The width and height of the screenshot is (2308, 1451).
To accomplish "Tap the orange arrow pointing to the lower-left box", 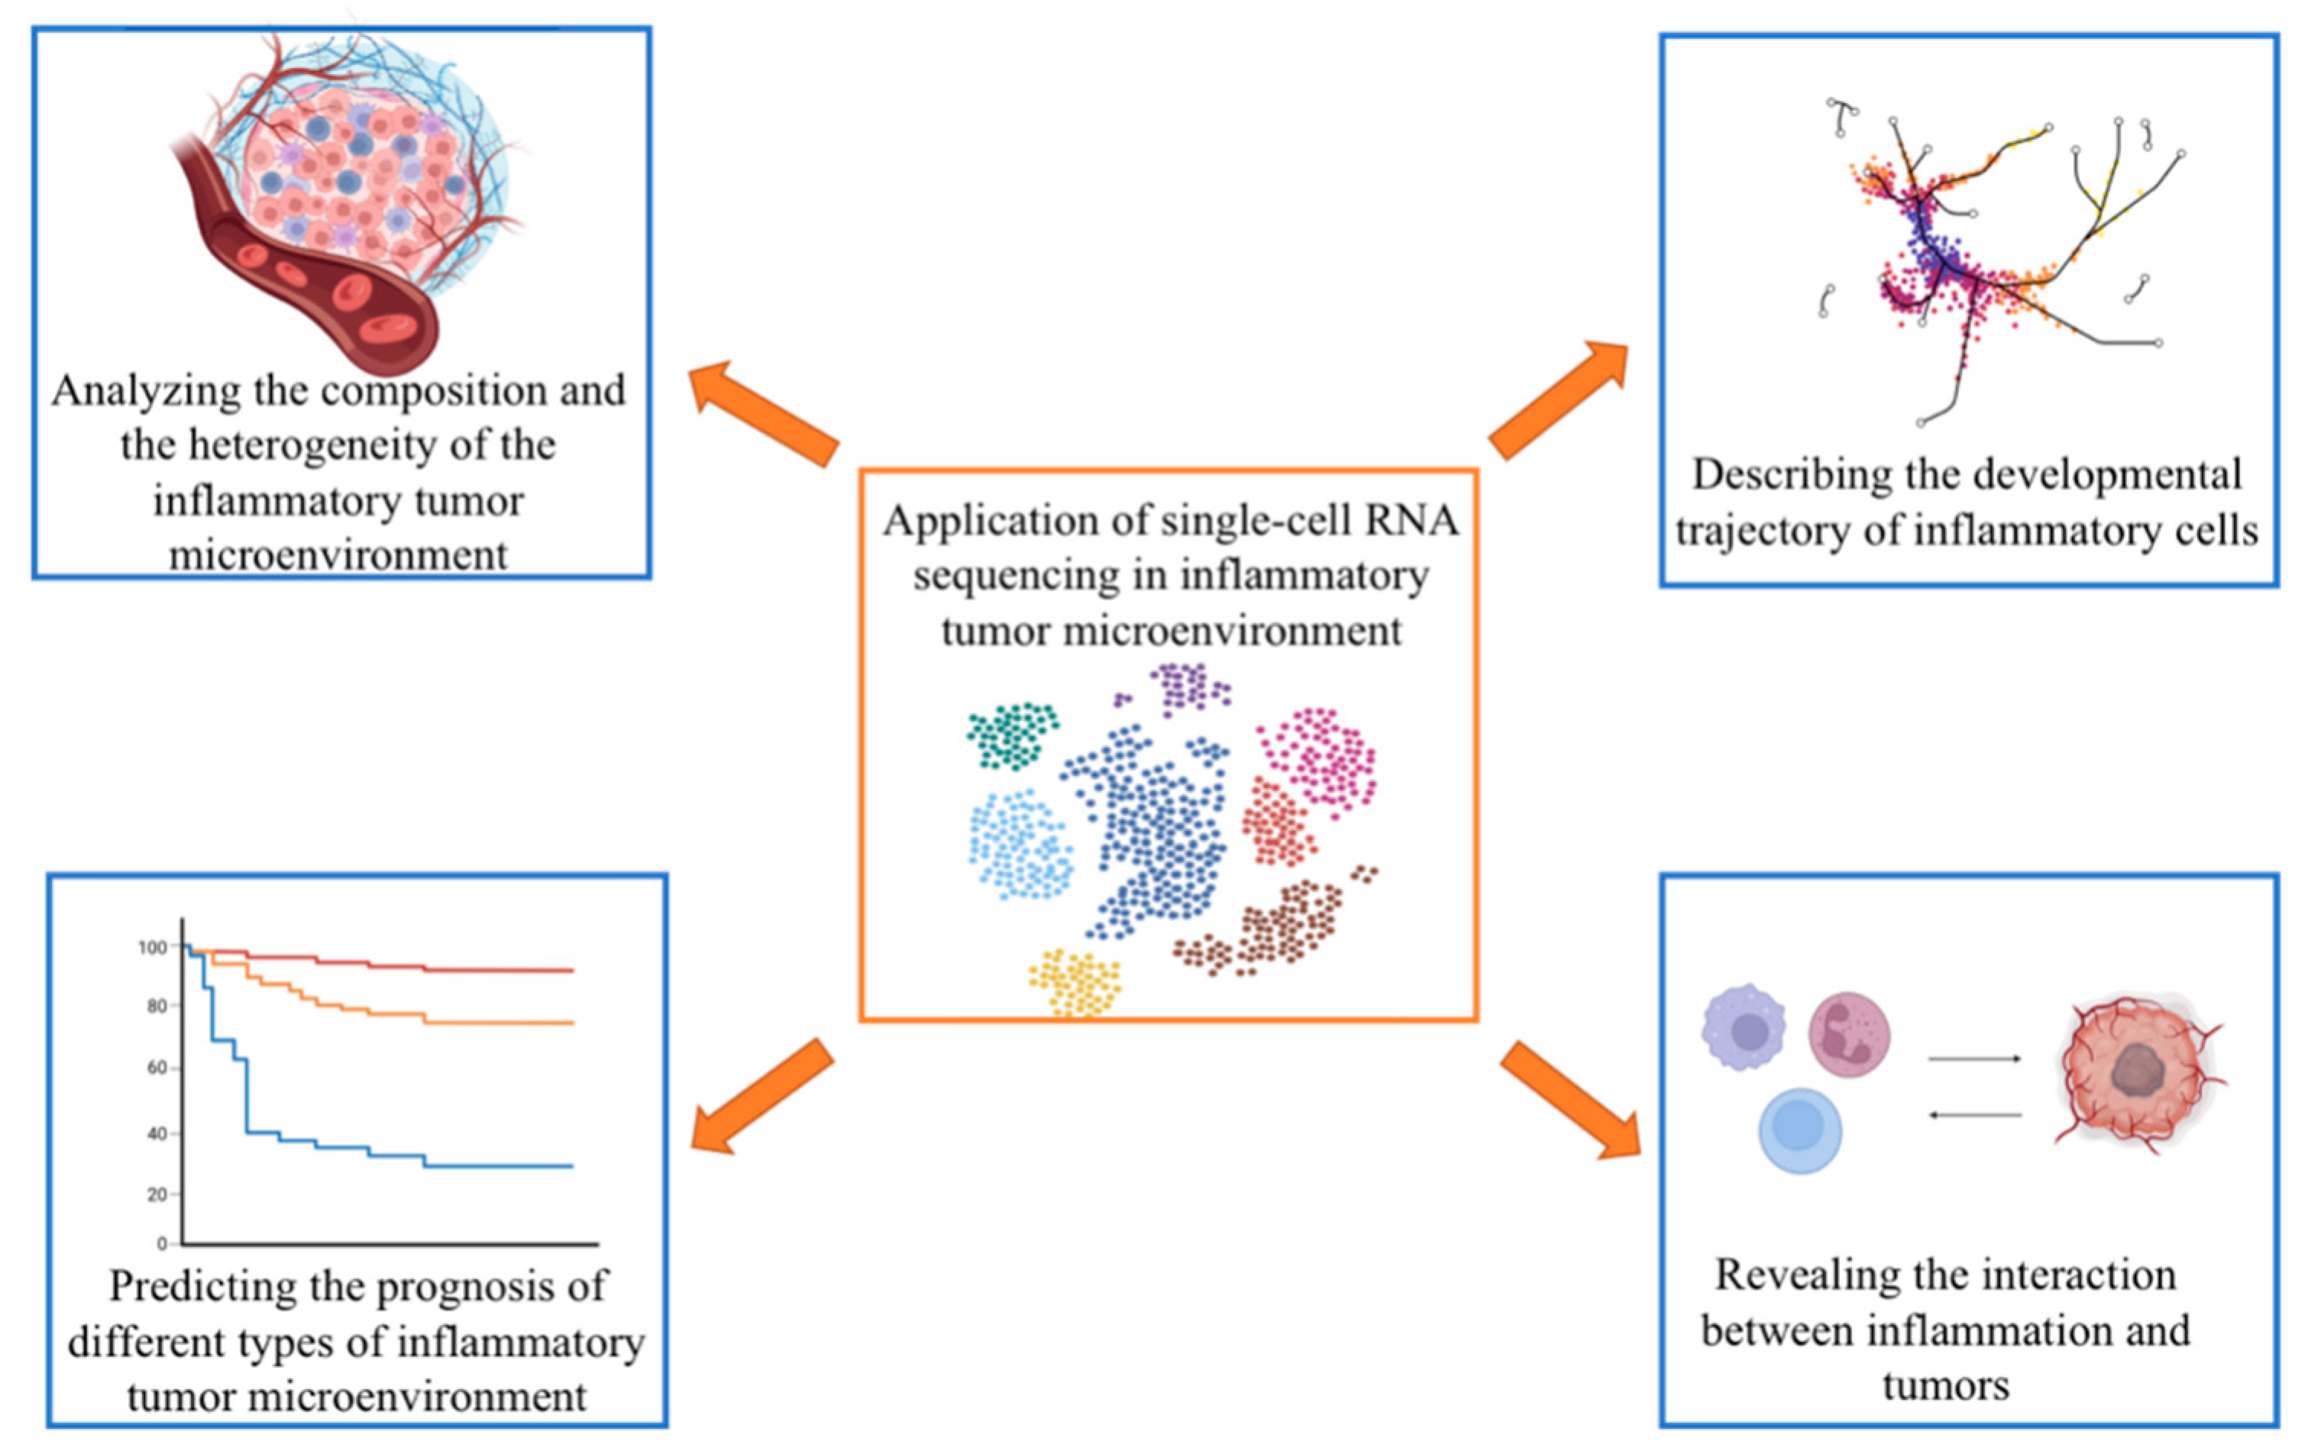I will (x=762, y=1097).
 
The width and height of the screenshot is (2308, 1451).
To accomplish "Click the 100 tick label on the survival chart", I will (x=153, y=947).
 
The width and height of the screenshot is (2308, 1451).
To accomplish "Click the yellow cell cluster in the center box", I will (x=1075, y=982).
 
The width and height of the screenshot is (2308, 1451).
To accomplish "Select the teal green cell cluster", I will (x=1012, y=734).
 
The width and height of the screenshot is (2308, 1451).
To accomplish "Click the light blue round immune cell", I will (x=1800, y=1131).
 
